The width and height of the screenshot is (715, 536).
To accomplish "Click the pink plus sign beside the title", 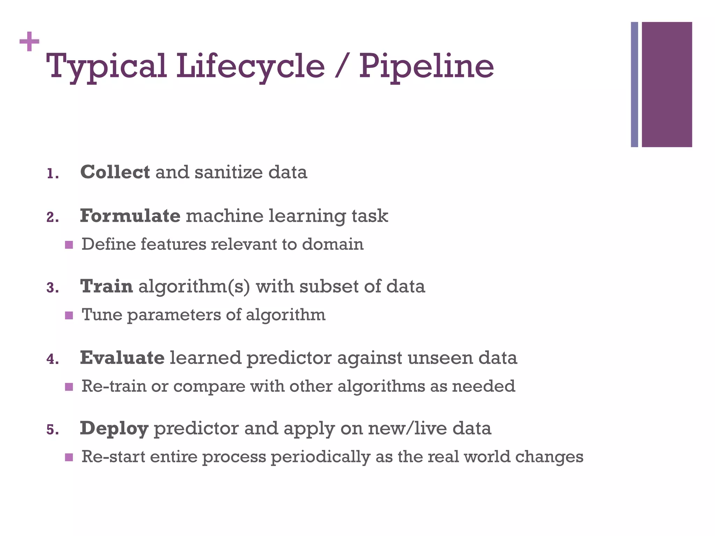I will (x=29, y=42).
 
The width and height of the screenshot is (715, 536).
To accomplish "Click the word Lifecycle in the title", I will (x=250, y=66).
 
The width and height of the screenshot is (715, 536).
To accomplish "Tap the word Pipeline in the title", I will (x=426, y=66).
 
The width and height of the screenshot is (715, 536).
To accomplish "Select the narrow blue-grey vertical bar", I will (x=634, y=84).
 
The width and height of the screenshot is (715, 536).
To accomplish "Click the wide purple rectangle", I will (x=667, y=84).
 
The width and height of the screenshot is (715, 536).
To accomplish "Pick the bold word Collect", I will (x=115, y=172).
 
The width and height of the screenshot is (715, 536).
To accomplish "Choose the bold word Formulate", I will (x=130, y=216).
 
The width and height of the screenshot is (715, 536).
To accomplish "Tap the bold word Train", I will (x=106, y=286).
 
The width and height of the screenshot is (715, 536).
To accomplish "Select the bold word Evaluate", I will (x=122, y=358).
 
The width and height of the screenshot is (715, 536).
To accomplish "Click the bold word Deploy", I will (x=114, y=428).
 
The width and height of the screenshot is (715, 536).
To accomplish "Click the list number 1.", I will (x=52, y=174).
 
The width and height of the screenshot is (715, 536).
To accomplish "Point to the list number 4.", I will (x=52, y=359).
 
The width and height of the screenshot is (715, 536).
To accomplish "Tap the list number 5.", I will (x=52, y=430).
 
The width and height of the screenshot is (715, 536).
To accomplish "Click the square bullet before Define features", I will (x=69, y=245).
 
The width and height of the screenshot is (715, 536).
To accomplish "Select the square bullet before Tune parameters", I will (x=69, y=315).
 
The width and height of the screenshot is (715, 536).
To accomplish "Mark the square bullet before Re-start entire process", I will (x=69, y=457).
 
